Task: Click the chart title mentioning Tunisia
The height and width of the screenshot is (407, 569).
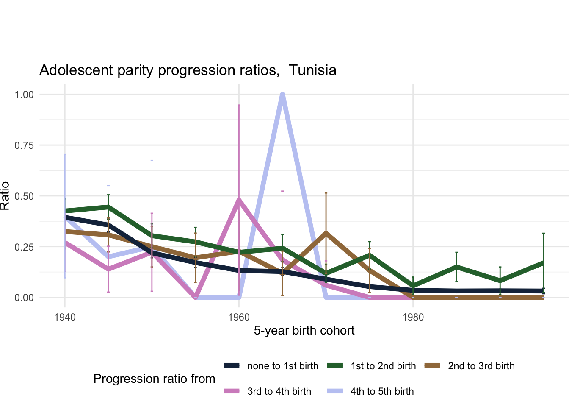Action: [188, 70]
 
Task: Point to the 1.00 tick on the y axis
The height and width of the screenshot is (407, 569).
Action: [24, 94]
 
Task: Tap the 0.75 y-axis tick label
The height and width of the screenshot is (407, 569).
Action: [24, 145]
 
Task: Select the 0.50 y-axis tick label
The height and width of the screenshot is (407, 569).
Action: [24, 196]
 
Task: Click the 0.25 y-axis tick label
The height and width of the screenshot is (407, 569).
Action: [24, 247]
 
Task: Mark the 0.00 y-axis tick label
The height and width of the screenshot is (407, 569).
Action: [24, 298]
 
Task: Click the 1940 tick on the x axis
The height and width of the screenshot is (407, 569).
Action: [65, 317]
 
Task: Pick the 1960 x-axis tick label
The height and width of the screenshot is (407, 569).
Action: [239, 317]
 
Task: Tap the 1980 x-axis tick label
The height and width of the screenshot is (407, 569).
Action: [413, 317]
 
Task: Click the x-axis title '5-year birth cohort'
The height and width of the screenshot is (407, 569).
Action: [304, 331]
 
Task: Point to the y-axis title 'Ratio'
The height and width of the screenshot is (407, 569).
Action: [5, 196]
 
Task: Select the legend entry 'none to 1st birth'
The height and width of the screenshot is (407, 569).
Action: [282, 366]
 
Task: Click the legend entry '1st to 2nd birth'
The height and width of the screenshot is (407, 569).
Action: [383, 366]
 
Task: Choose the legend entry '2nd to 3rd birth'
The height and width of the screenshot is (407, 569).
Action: [481, 366]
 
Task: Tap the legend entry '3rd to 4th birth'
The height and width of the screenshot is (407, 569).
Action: [279, 391]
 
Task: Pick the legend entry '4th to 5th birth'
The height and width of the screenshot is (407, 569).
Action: [382, 391]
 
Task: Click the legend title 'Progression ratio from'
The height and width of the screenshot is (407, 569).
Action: [154, 379]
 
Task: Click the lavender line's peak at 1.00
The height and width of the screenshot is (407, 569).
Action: [282, 95]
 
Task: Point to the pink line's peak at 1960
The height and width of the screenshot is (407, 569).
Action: [239, 199]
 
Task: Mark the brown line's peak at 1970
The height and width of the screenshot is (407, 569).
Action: [326, 232]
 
